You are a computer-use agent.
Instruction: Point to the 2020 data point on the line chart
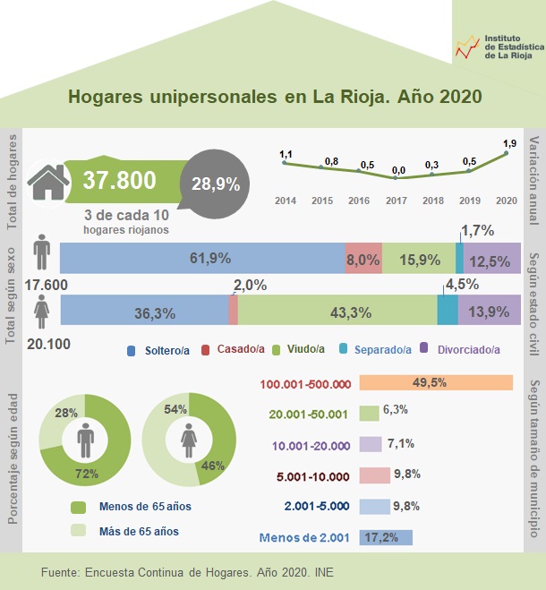click(x=507, y=153)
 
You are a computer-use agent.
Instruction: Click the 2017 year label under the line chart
click(x=397, y=201)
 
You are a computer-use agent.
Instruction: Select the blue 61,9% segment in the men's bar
click(x=201, y=258)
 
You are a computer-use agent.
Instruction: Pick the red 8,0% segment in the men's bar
click(x=363, y=258)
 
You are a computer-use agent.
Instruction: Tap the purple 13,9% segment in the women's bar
click(x=489, y=312)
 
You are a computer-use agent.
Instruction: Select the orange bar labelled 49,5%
click(x=436, y=383)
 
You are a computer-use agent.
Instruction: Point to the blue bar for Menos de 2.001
click(x=386, y=538)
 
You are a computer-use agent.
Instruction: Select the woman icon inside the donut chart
click(x=189, y=440)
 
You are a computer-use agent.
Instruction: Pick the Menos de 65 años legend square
click(x=78, y=507)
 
